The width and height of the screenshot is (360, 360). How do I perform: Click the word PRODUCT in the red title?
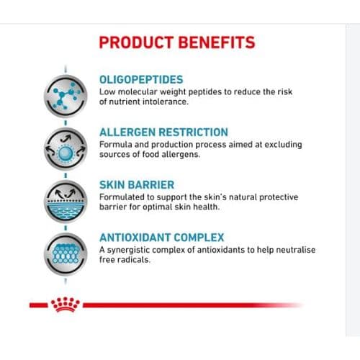(x=136, y=42)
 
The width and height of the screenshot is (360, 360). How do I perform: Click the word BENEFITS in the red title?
(x=217, y=42)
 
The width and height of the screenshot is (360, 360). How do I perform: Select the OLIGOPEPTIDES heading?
(x=141, y=80)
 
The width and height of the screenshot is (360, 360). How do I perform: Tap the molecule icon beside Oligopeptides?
(x=66, y=96)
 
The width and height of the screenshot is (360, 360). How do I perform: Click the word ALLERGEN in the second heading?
(x=127, y=132)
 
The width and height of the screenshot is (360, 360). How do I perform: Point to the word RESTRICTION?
(x=194, y=132)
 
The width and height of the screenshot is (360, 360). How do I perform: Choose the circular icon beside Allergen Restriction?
(x=66, y=149)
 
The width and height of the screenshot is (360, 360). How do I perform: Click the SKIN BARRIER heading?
(x=137, y=185)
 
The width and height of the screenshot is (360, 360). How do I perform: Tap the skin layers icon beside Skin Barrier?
(x=66, y=202)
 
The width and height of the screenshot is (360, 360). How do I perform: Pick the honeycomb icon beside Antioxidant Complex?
(x=66, y=254)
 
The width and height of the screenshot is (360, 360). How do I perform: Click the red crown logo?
(x=66, y=305)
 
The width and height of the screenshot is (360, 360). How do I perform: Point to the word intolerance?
(x=166, y=102)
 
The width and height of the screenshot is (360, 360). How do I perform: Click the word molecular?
(x=138, y=91)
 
